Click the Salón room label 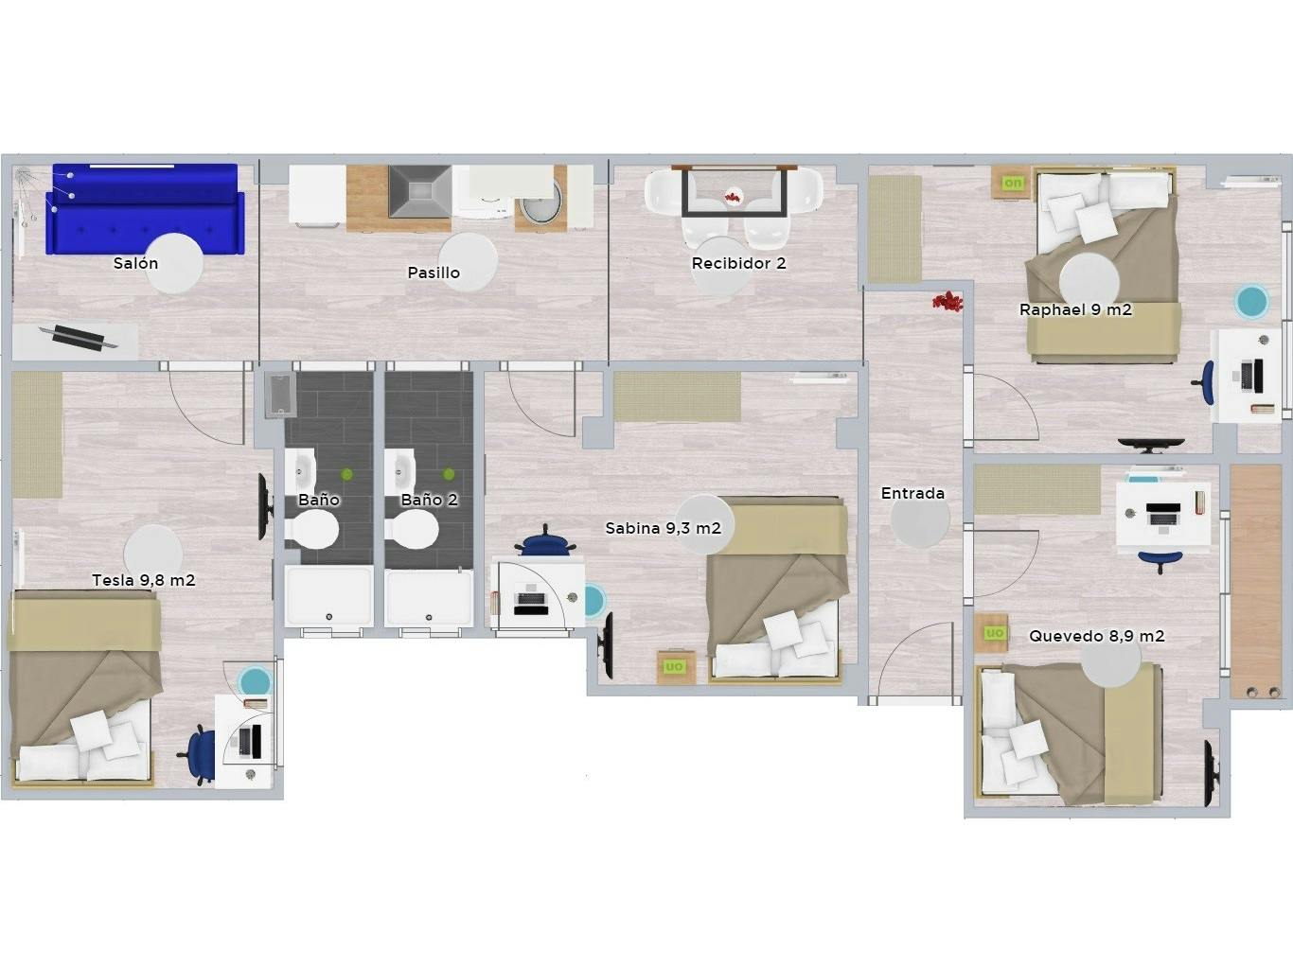coord(135,264)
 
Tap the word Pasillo coord(434,273)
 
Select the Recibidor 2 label coord(738,264)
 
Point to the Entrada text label coord(912,493)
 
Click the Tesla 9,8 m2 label coord(144,580)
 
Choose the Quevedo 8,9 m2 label coord(1096,636)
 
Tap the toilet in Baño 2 coord(416,531)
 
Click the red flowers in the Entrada coord(947,302)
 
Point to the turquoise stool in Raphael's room coord(1251,302)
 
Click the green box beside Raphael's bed coord(1013,183)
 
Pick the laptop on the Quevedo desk coord(1162,515)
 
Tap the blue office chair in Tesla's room coord(201,752)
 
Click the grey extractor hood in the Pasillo coord(419,191)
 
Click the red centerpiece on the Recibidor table coord(732,197)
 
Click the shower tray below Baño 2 coord(428,597)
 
